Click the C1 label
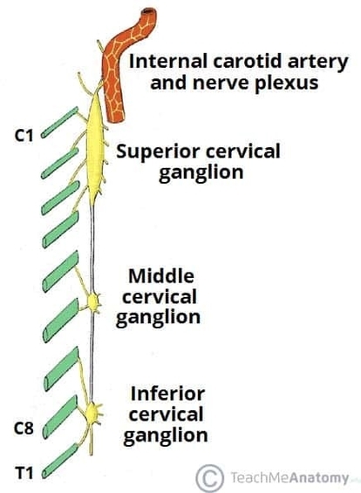[x=25, y=137]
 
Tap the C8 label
[x=25, y=427]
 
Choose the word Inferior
[x=165, y=392]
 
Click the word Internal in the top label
[x=162, y=61]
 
